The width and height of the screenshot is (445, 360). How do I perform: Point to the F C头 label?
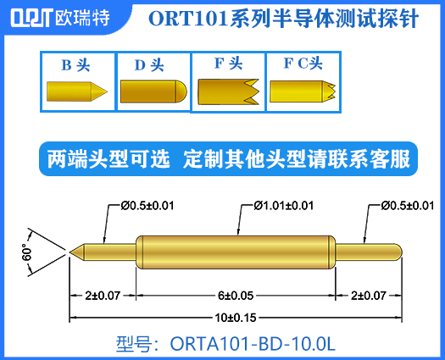pos(303,64)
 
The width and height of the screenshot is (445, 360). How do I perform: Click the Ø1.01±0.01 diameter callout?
pos(284,205)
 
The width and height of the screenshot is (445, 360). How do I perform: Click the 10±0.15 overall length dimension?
pos(234,318)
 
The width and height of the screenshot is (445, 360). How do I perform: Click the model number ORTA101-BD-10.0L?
pos(225,344)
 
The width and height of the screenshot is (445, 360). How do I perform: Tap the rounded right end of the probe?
pos(398,252)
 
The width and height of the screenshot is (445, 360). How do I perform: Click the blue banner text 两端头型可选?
pos(109,158)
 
